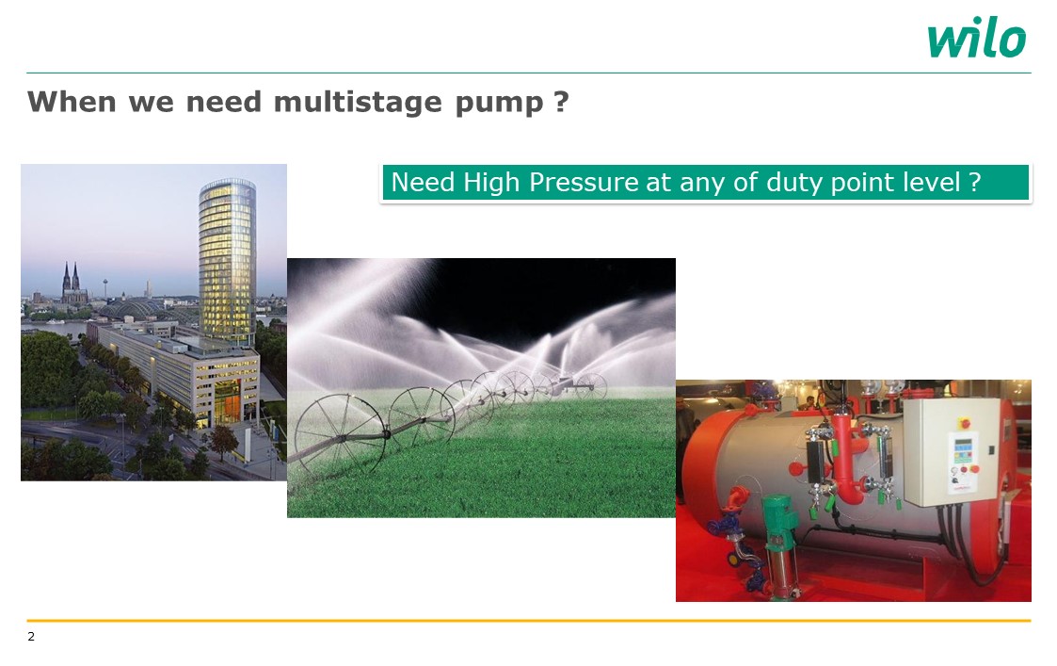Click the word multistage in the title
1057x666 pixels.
point(358,102)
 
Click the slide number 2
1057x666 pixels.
point(31,636)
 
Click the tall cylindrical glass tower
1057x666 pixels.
point(227,262)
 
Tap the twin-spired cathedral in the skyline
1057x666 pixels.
point(72,284)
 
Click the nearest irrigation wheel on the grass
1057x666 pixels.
point(339,430)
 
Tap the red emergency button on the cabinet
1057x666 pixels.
point(965,423)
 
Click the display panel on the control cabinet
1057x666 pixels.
point(963,446)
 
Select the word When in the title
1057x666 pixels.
point(72,102)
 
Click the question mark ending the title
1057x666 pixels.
point(562,102)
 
